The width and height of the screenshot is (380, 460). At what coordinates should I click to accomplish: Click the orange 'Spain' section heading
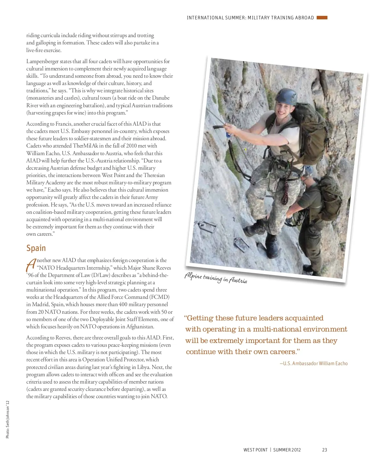[x=36, y=248]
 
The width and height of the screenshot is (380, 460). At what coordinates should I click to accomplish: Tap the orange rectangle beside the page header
[x=322, y=18]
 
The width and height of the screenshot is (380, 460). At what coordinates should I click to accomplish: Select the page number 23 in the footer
[x=325, y=450]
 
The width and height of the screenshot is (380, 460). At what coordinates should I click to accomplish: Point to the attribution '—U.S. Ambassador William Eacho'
[x=313, y=364]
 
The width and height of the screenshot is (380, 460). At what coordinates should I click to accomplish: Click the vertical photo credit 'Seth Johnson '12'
[x=8, y=419]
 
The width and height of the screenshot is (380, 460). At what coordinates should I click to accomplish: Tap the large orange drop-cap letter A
[x=31, y=265]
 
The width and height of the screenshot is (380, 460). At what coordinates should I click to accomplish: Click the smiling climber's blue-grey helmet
[x=286, y=96]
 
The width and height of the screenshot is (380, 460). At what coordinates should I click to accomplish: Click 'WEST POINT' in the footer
[x=255, y=450]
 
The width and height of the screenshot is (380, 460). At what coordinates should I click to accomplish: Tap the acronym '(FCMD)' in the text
[x=159, y=297]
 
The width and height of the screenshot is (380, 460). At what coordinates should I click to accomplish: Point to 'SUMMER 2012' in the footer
[x=287, y=450]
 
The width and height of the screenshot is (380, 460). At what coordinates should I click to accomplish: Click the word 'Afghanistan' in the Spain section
[x=140, y=327]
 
